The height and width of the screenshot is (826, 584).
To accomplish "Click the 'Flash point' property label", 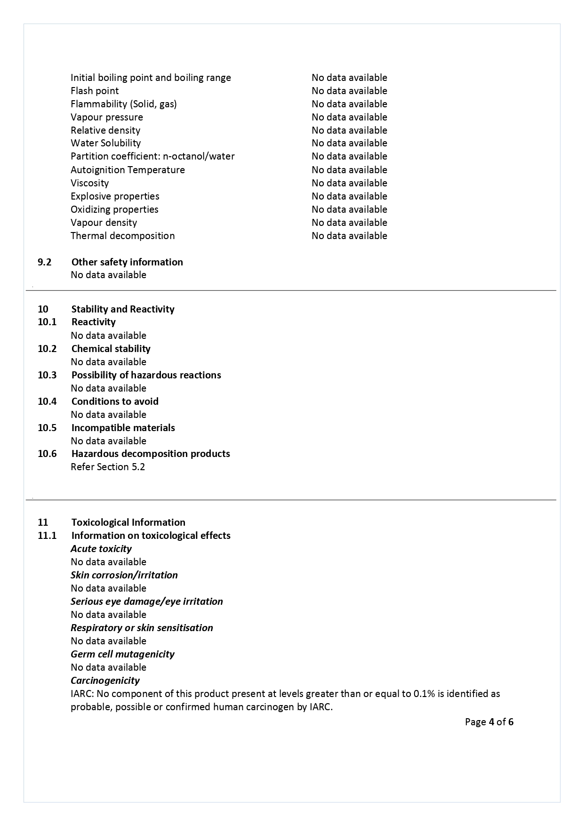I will tap(95, 91).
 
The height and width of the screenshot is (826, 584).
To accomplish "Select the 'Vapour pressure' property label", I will tap(107, 117).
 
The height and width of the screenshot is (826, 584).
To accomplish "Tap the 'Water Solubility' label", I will tap(105, 143).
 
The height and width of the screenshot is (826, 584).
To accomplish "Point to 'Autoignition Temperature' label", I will tap(128, 170).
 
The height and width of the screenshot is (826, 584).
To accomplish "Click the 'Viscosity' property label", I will tap(89, 183).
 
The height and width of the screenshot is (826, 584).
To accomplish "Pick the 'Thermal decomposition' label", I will tap(122, 236).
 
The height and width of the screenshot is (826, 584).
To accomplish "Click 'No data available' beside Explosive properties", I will tap(349, 196).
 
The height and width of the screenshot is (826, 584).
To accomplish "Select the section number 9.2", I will tap(44, 262).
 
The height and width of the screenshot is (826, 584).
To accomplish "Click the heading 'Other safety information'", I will tap(127, 262).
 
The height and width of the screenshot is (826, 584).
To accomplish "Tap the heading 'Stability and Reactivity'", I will tap(123, 309).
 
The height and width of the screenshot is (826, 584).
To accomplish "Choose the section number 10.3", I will tap(47, 375).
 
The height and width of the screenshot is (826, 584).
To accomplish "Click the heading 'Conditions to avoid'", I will tap(115, 401).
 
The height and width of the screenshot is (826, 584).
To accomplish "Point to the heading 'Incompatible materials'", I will tap(123, 428).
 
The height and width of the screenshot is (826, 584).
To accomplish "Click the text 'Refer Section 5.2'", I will tap(108, 467).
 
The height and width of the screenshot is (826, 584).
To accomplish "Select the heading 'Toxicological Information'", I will tap(128, 522).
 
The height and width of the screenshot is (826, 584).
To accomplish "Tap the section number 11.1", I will tap(47, 536).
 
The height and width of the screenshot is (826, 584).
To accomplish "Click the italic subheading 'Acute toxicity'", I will tap(101, 549).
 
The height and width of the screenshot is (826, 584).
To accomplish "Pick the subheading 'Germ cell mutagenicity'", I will tap(122, 654).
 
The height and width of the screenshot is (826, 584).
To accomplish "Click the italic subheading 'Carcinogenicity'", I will tap(105, 681).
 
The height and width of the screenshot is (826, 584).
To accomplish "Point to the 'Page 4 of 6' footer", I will tap(489, 722).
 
